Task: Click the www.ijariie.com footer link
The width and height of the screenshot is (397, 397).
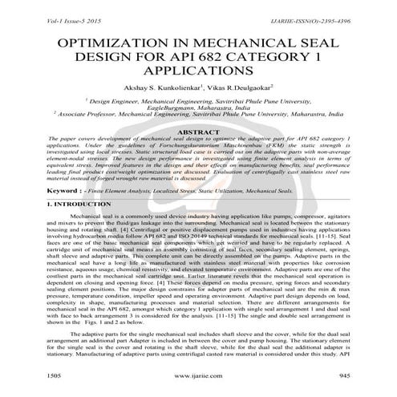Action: point(198,375)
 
